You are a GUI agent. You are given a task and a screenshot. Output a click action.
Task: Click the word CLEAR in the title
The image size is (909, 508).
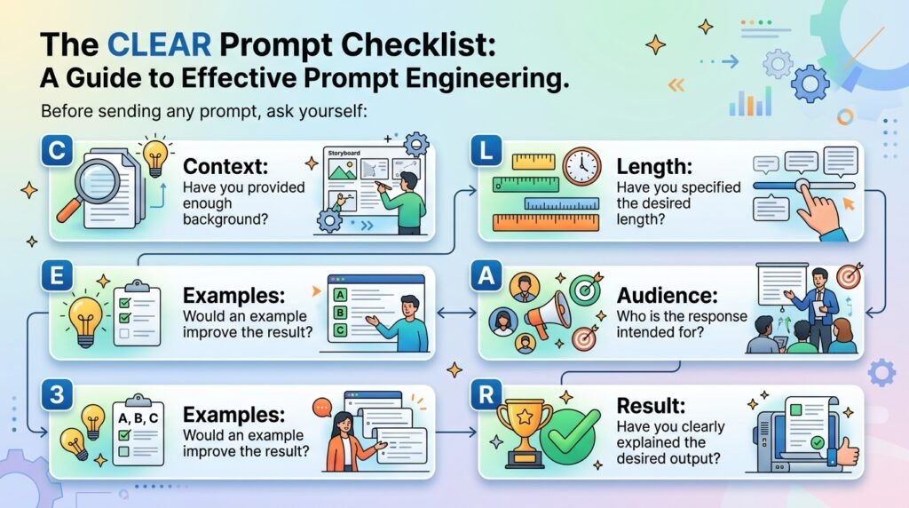[x=159, y=44]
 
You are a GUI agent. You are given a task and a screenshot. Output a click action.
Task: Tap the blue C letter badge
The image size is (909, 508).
[x=57, y=151]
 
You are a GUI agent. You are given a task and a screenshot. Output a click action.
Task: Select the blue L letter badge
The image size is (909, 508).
[x=486, y=151]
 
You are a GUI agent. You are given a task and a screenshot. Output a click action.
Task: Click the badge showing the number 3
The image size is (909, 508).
[x=57, y=394]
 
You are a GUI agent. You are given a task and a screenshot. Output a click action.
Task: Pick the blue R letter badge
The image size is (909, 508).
[x=486, y=394]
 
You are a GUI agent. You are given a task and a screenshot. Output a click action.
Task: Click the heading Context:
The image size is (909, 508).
[x=225, y=166]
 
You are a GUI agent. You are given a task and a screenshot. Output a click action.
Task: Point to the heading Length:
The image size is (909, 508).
[x=654, y=167]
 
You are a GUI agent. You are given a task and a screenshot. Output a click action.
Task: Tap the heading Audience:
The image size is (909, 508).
[x=667, y=295]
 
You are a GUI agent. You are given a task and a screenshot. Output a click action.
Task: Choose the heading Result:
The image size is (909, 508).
[x=651, y=405]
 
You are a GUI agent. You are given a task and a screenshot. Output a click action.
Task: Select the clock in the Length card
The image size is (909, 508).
[x=581, y=166]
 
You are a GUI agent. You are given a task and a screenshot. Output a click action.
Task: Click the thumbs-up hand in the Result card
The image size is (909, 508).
[x=844, y=450]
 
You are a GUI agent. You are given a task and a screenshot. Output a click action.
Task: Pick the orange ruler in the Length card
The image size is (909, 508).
[x=546, y=223]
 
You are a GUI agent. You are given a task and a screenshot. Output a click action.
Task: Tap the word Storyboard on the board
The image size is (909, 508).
[x=344, y=153]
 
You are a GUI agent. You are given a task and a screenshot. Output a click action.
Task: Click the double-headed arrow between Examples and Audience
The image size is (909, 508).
[x=456, y=314]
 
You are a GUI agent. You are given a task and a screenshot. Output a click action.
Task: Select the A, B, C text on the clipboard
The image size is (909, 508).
[x=138, y=418]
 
